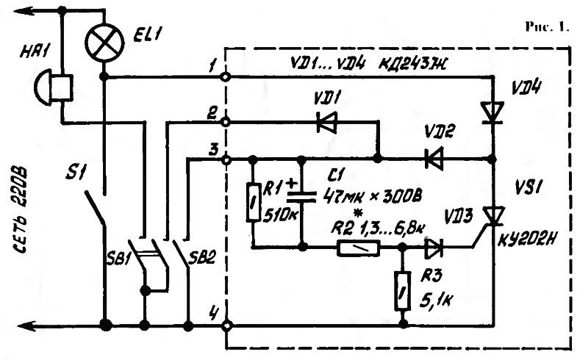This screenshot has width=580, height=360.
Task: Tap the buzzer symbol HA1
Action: point(53,87)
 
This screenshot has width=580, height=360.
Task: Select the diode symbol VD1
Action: point(327,122)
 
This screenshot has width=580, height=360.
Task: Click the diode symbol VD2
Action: point(434,159)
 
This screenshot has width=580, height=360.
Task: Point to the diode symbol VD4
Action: point(493,112)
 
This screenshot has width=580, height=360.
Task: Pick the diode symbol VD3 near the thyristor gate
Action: point(434,248)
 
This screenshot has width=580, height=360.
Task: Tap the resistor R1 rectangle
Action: point(253,202)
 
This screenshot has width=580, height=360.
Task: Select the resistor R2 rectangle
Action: point(359,248)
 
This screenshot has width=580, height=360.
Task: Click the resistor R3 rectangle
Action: point(402,290)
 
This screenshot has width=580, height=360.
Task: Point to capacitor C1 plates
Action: point(301,196)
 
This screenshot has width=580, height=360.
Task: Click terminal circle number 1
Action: point(226,77)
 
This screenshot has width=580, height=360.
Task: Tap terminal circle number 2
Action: point(226,122)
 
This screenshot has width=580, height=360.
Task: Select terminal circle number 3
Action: point(226,160)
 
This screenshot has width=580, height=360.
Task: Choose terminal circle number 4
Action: point(226,326)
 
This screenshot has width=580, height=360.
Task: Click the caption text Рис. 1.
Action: point(547,26)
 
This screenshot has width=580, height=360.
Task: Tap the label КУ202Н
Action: point(527,241)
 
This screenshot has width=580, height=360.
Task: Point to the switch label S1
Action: point(75,173)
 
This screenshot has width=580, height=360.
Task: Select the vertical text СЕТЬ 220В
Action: point(21,210)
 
